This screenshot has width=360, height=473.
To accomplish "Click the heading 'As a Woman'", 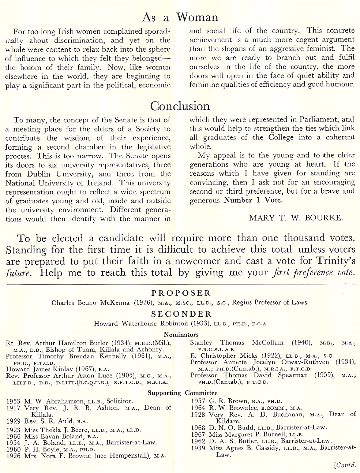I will point(180,17).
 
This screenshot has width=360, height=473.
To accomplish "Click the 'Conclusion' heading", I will point(180,106).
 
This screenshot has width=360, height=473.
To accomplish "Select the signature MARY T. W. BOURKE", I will point(296,218).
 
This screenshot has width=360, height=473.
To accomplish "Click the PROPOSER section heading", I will point(181,293).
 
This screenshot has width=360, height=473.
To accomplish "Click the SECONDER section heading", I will point(181,314).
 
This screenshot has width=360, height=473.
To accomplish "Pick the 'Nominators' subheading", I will point(181,334).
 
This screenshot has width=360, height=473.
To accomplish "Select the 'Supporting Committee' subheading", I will point(183,393).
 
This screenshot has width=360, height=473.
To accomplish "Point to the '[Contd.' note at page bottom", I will point(345,465).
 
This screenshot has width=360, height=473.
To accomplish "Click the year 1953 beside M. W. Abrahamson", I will point(14,401).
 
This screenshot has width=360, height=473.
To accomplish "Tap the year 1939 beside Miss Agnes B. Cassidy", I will point(198,448).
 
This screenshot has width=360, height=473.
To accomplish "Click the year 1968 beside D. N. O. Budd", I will point(198,427).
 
